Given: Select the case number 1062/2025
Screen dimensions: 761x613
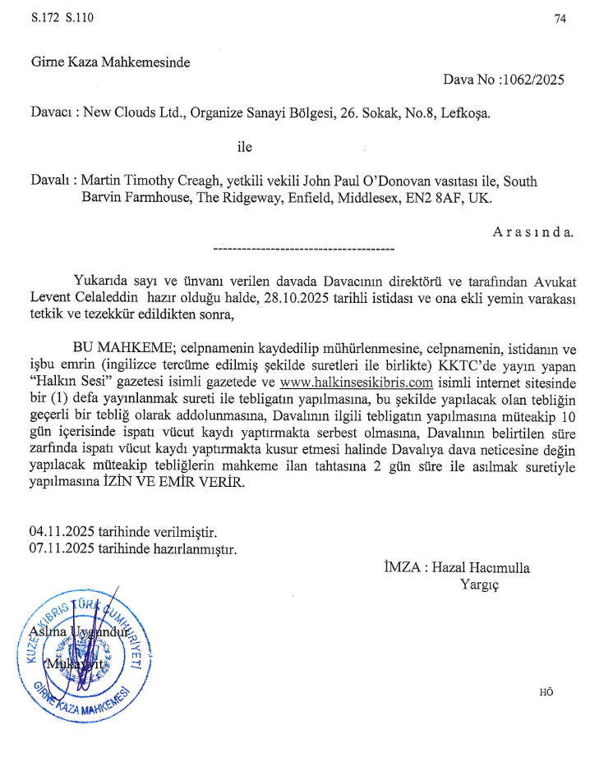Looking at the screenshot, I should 534,80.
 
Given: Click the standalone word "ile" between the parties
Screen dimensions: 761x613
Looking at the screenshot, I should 244,148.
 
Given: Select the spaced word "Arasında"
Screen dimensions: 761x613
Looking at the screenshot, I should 533,232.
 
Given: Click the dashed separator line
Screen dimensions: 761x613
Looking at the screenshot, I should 303,247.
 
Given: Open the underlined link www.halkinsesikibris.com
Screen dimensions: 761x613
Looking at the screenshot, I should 356,383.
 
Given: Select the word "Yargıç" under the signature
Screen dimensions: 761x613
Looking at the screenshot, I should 480,585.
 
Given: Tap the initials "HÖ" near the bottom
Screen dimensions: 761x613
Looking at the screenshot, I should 546,691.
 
